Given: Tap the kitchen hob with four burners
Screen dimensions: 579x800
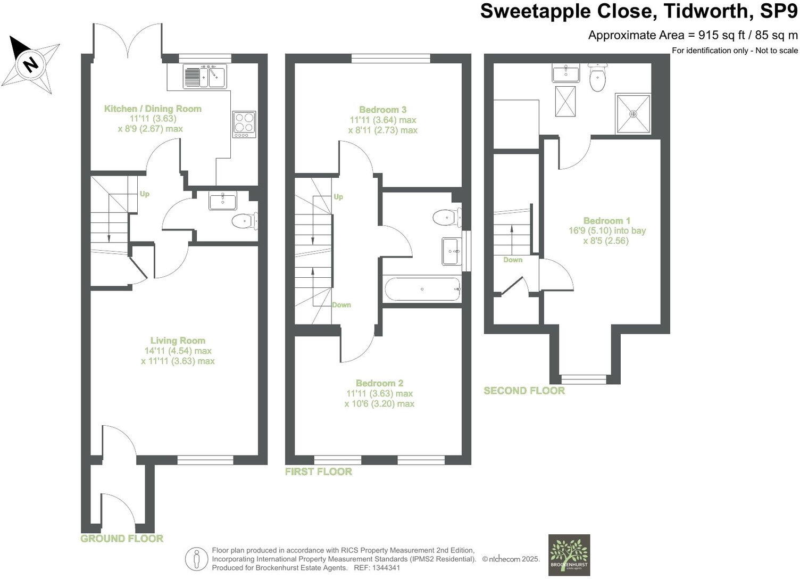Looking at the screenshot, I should [x=244, y=124].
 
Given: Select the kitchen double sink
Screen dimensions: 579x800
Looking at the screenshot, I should [x=205, y=76].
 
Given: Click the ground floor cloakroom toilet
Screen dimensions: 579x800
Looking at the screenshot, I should [x=244, y=220].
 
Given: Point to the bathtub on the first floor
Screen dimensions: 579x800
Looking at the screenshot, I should [x=422, y=289].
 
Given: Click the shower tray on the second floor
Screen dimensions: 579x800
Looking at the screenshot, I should [x=633, y=114].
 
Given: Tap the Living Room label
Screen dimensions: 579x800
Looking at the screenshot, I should [x=178, y=341].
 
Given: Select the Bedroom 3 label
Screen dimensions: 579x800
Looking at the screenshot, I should [x=382, y=110].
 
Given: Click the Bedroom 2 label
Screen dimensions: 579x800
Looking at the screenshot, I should [x=379, y=383].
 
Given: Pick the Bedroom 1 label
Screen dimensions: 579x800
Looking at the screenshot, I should [x=606, y=220].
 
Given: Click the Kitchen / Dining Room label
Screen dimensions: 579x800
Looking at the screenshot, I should [x=153, y=109].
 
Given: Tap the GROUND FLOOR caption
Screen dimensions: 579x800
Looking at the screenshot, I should [x=122, y=539].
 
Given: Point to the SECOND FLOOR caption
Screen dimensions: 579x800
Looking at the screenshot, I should [x=524, y=391].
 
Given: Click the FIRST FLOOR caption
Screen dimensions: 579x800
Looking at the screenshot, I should [x=318, y=472].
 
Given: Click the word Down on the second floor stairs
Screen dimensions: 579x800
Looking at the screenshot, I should [x=513, y=260].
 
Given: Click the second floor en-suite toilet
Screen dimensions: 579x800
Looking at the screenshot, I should [x=597, y=78].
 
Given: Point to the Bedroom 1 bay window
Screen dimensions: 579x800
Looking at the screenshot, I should [x=584, y=379].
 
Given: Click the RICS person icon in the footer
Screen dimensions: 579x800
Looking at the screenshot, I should [x=196, y=559].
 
